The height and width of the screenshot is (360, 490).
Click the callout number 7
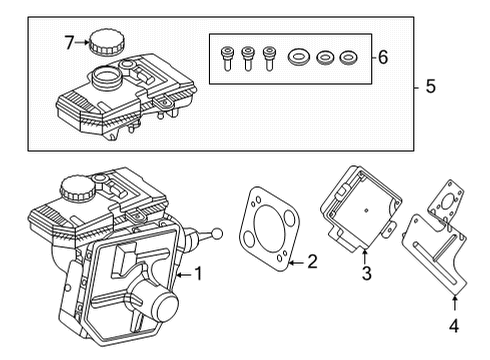[x=70, y=42]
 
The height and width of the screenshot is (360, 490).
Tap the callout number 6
[x=382, y=57]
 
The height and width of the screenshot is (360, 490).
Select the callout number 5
[x=430, y=87]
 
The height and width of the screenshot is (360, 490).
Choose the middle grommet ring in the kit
[x=325, y=58]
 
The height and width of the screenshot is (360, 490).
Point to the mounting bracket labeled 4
[x=436, y=250]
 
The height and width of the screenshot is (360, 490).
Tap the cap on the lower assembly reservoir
[x=75, y=185]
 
